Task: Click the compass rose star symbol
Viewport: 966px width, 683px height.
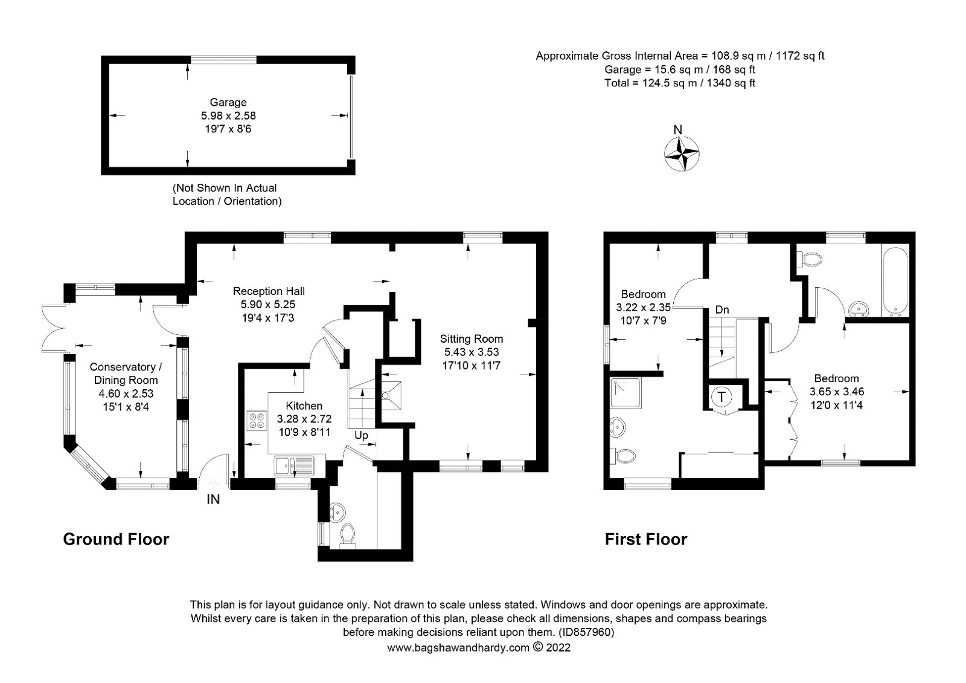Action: tap(682, 154)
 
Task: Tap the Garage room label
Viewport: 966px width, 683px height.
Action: tap(228, 102)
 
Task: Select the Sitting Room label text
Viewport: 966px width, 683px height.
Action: tap(472, 339)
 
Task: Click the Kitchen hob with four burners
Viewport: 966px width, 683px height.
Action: tap(257, 421)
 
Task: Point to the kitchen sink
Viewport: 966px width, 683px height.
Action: tap(295, 465)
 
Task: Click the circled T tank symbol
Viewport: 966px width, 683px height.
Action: tap(722, 397)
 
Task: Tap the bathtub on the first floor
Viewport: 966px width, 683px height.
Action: tap(895, 280)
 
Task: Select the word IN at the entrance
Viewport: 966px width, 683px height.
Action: tap(213, 499)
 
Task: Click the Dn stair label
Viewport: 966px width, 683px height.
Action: tap(722, 309)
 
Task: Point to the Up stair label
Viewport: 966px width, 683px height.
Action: tap(361, 435)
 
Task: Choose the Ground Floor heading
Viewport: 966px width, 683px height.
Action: tap(116, 539)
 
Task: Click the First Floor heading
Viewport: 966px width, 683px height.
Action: tap(646, 539)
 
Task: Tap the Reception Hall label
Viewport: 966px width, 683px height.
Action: tap(269, 291)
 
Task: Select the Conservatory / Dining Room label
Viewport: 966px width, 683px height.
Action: tap(126, 374)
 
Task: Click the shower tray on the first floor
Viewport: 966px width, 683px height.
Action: tap(626, 393)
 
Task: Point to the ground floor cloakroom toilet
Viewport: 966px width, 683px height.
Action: tap(347, 536)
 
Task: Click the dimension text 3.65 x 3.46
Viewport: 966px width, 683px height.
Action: tap(837, 392)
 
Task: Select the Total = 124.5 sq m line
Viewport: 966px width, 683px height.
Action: tap(680, 83)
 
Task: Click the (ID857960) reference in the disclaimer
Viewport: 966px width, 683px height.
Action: tap(586, 632)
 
